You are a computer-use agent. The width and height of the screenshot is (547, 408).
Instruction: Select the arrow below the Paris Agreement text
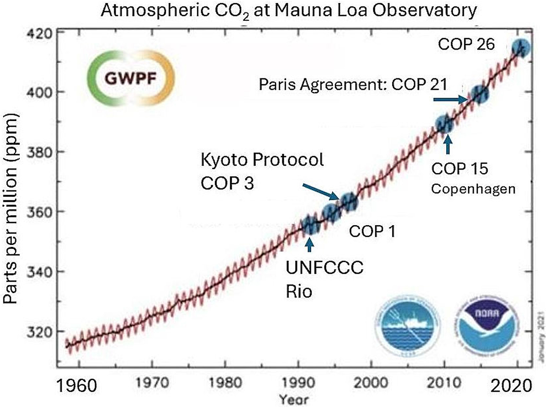(x=449, y=100)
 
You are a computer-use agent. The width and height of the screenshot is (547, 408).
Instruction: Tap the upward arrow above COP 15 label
(x=448, y=145)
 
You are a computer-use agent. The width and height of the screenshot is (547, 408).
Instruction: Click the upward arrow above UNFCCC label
(x=310, y=245)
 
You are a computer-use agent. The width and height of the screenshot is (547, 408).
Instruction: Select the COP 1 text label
(x=372, y=231)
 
